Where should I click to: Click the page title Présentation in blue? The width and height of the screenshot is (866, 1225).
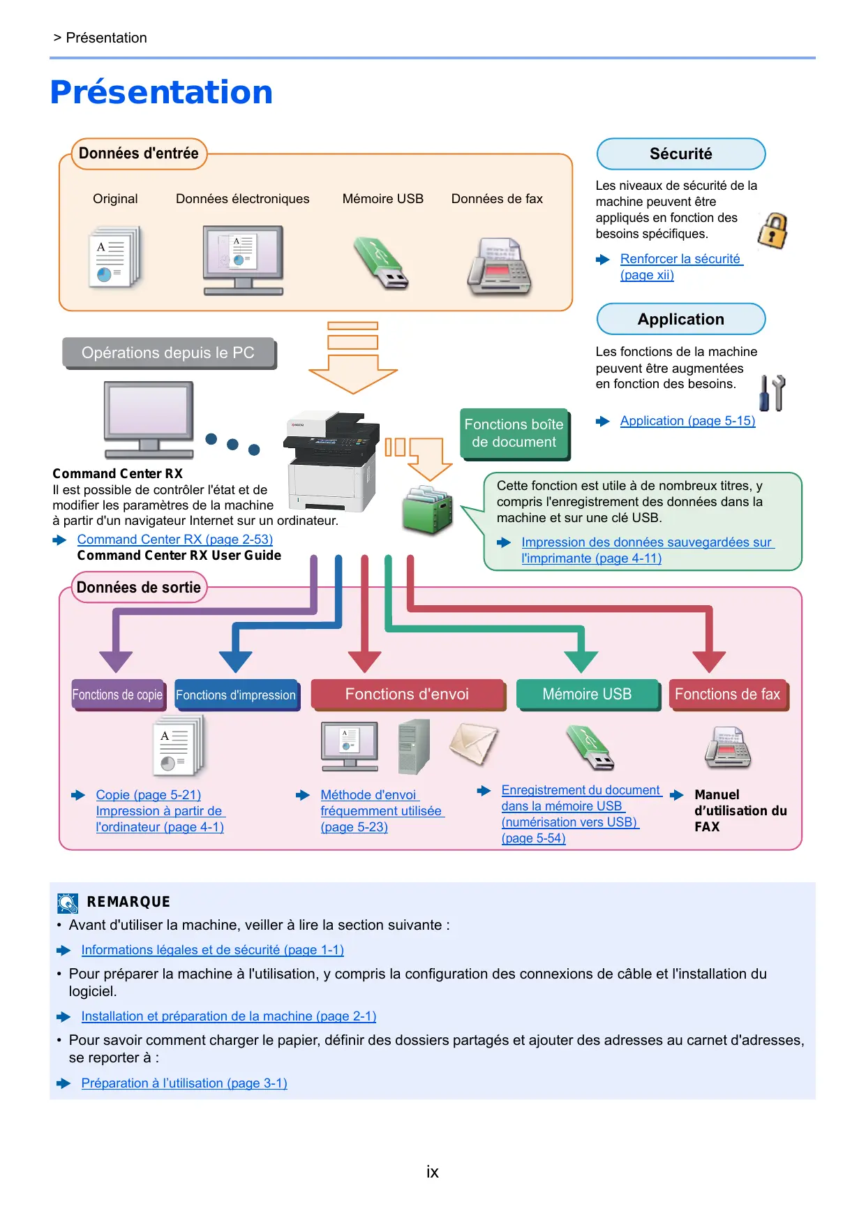161,92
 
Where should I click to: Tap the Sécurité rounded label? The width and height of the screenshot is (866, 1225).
680,154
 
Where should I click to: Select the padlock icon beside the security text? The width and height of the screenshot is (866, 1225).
772,231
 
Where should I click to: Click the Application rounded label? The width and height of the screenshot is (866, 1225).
680,319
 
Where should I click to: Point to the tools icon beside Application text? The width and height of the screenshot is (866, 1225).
772,393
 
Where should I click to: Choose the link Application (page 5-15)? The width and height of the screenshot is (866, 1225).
687,421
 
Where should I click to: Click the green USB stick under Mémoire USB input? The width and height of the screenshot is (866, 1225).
381,263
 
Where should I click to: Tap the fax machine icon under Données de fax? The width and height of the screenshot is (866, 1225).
499,267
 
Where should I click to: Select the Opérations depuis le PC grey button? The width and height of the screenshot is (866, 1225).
168,352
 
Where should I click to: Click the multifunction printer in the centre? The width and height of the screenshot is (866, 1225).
332,461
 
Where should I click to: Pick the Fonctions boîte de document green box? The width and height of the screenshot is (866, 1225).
514,433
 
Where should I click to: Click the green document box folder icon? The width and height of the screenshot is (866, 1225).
427,510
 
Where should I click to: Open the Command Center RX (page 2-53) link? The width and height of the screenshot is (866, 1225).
174,540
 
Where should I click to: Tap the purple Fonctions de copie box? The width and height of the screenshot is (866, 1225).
117,695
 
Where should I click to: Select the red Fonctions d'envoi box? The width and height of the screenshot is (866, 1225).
407,695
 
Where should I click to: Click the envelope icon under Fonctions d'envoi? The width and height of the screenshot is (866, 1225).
474,744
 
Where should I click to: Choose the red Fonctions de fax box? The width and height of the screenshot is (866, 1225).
727,695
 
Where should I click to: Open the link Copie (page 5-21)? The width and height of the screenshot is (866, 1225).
148,795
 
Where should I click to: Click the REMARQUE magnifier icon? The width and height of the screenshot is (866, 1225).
68,903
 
